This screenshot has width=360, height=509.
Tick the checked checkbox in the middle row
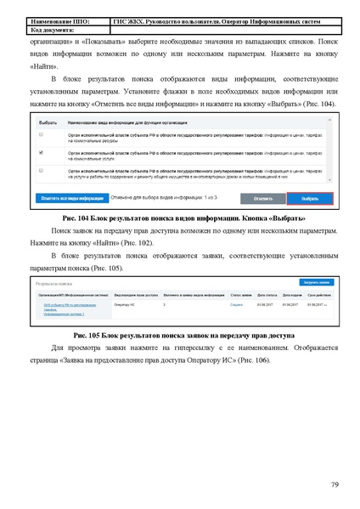[42, 153]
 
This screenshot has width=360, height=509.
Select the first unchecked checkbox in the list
[42, 135]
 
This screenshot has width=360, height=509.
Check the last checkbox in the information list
[42, 171]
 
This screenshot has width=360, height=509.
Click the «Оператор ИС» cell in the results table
[124, 303]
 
